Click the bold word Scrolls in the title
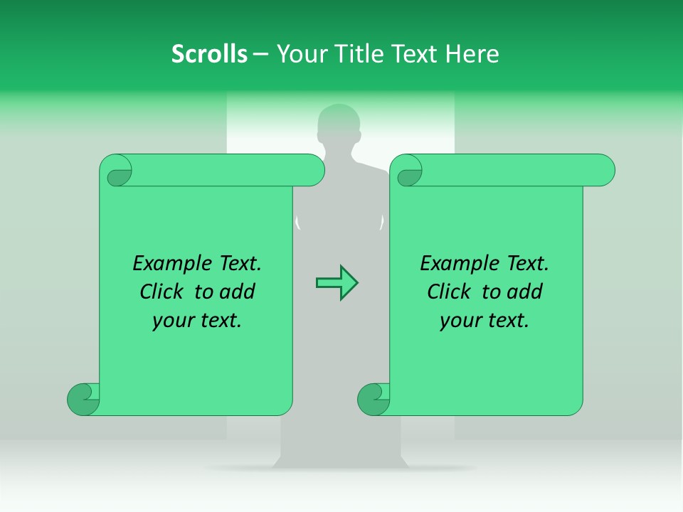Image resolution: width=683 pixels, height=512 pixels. (209, 54)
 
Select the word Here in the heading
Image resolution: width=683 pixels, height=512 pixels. (472, 54)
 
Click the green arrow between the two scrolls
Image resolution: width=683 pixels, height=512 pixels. (337, 283)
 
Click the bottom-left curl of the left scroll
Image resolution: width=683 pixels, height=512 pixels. (84, 399)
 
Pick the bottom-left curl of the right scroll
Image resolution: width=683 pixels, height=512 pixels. (374, 399)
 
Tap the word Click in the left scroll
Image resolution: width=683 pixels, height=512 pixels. (156, 292)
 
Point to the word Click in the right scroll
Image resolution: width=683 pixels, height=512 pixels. (443, 292)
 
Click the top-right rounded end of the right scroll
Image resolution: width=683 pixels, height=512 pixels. (602, 171)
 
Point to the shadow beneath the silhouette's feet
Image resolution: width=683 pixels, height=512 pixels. (340, 469)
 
